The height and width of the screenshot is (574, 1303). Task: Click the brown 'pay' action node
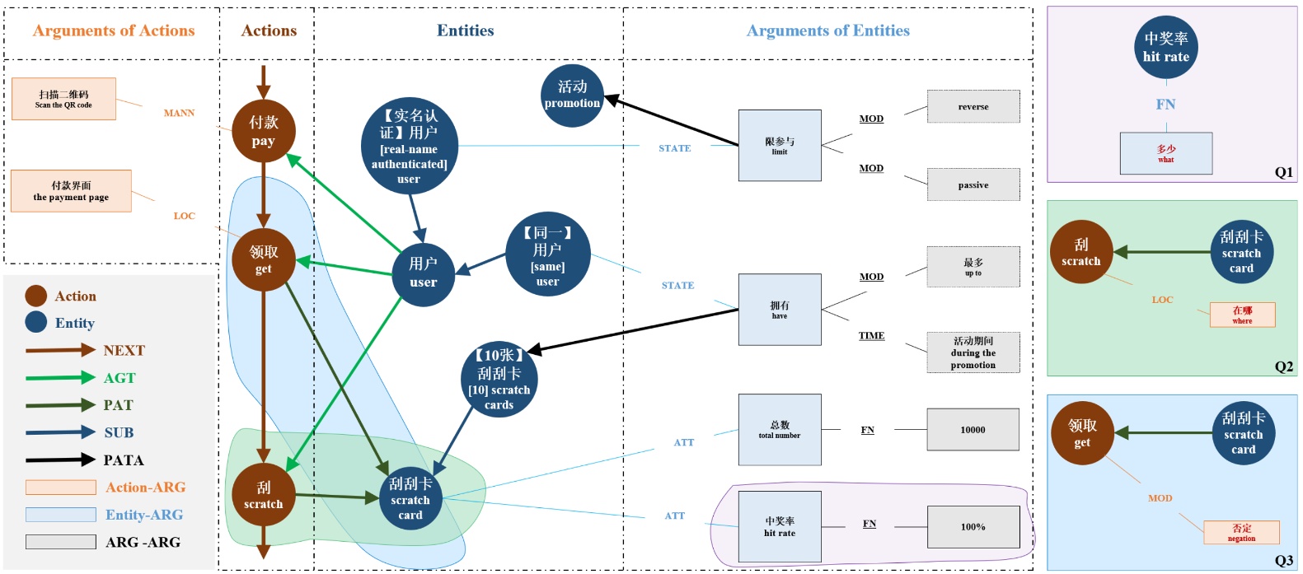[x=263, y=131]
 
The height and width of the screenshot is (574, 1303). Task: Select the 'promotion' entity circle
[x=572, y=96]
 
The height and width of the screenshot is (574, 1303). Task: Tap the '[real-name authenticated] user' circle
[x=409, y=147]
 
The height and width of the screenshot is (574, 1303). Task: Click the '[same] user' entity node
[x=547, y=256]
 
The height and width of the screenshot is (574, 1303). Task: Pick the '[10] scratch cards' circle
[x=499, y=379]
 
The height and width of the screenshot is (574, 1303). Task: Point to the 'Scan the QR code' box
[x=63, y=99]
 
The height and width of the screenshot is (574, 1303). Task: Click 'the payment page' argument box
[x=71, y=191]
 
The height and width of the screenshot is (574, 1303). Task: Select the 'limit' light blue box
[x=780, y=146]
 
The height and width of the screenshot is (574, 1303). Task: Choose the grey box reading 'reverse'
[x=973, y=106]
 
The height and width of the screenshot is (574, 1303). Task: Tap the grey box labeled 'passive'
[x=973, y=184]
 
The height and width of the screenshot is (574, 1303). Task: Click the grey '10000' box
[x=973, y=430]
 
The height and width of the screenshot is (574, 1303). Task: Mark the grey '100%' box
[x=973, y=527]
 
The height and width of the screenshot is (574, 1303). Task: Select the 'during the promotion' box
[x=973, y=352]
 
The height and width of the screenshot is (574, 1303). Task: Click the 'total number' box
[x=780, y=430]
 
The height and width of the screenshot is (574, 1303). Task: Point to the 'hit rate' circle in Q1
[x=1165, y=48]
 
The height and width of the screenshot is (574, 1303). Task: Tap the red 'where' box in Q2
[x=1242, y=315]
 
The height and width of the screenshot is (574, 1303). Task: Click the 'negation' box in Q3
[x=1241, y=532]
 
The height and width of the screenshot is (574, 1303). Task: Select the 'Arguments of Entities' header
[x=827, y=31]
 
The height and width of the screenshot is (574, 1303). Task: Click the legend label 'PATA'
[x=124, y=460]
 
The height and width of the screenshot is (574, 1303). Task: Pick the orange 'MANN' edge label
[x=179, y=113]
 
